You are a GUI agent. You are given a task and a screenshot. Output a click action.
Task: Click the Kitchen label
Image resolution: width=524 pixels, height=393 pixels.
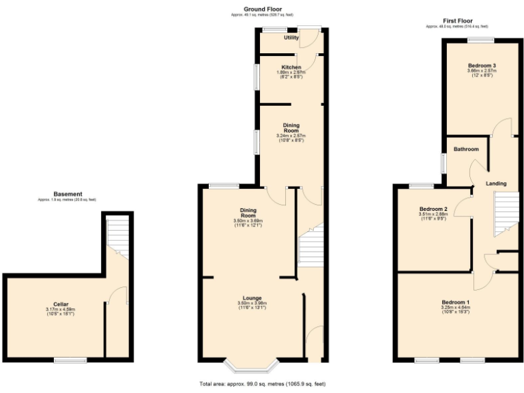coord(291,67)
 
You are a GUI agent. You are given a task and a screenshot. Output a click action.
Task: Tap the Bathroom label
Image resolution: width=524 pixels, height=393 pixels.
coord(467,149)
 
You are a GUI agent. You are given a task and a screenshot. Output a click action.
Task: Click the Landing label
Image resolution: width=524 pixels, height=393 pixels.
coord(495,184)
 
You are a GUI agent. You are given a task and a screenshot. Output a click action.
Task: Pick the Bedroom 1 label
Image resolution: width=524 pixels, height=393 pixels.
coord(455,302)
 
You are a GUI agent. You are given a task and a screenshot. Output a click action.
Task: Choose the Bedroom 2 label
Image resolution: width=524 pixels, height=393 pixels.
coord(433,209)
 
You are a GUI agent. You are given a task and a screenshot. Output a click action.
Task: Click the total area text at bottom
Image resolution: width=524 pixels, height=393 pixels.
coord(262,384)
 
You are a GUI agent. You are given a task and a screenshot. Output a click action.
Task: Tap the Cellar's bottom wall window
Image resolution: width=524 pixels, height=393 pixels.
coord(70,360)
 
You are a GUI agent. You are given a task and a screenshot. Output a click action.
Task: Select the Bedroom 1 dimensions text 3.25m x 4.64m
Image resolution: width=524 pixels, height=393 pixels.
coord(455,308)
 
